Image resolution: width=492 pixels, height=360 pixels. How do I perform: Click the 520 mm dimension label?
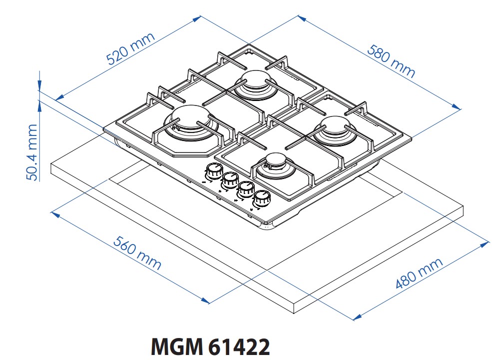pyautogui.click(x=131, y=49)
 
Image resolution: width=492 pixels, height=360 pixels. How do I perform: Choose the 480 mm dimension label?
pyautogui.click(x=419, y=273)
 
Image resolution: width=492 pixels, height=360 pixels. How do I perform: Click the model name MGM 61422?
pyautogui.click(x=210, y=346)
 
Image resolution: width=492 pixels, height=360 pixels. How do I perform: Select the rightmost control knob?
pyautogui.click(x=261, y=199)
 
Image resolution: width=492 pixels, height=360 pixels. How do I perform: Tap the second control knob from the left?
pyautogui.click(x=230, y=180)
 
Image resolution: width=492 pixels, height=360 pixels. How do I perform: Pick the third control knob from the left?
pyautogui.click(x=245, y=189)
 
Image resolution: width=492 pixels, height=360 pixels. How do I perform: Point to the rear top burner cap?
pyautogui.click(x=255, y=81)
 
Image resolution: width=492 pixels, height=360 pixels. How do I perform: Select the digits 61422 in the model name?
pyautogui.click(x=238, y=346)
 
